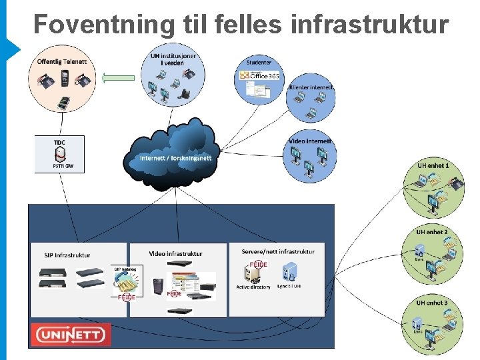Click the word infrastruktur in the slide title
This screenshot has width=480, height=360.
coord(370,24)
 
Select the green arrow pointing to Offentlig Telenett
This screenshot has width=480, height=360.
coord(121,78)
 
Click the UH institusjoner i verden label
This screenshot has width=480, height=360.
coord(173,59)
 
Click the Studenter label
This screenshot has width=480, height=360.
coord(259,63)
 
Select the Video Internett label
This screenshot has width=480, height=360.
coord(311,141)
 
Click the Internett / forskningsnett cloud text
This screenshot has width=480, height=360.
coord(176,158)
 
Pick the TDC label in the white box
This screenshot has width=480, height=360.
coord(60,142)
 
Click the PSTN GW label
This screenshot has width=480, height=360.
coord(60,166)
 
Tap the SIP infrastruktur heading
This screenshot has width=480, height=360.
coord(68,255)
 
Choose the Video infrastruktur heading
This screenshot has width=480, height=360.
coord(176,253)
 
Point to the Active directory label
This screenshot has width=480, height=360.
coord(253,287)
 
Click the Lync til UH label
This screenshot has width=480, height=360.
coord(289,287)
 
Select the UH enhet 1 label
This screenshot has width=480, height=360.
coord(433,165)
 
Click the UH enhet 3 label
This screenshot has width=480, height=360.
coord(432,303)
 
